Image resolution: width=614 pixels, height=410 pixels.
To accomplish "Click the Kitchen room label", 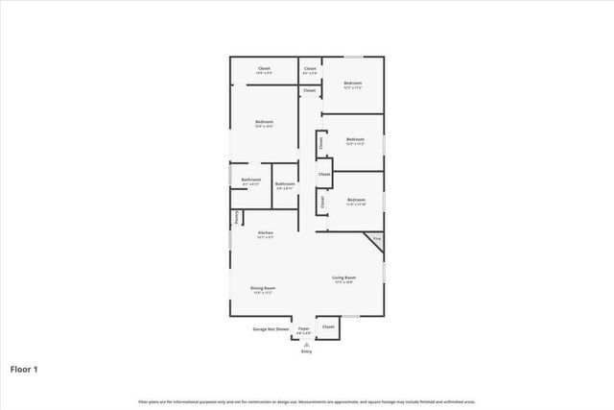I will coord(266,233).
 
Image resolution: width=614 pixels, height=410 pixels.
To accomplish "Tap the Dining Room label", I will coord(265,288).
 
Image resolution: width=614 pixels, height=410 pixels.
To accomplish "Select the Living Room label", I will coord(343,277).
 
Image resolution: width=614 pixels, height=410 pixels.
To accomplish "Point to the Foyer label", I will coord(303,327).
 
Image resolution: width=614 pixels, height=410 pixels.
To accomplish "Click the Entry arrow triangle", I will coord(307,345).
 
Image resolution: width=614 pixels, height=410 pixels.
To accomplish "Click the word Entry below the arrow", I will coord(307,351).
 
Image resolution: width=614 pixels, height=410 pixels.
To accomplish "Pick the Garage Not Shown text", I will coord(271,328).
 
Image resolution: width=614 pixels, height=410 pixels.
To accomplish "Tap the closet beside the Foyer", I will coord(329,327).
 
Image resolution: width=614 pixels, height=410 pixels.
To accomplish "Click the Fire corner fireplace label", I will coord(377,237).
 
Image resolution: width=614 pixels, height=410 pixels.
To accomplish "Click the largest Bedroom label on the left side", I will coord(265,122).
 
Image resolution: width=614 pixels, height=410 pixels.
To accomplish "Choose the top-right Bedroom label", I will coord(352,84).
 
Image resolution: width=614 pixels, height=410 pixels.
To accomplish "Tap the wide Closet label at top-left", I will coord(264,68).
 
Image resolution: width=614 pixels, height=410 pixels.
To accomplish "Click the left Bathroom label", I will coord(252,180).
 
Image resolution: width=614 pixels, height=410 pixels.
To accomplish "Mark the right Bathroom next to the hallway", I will coord(285,184).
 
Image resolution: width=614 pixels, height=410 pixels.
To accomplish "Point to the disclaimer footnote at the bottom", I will coord(306,401).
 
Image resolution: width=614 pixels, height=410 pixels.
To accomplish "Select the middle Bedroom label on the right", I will coord(355,139).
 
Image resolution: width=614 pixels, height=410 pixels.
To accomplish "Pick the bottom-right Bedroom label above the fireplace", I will coord(355,200).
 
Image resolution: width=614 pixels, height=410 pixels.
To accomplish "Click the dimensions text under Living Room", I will coord(343,282).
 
